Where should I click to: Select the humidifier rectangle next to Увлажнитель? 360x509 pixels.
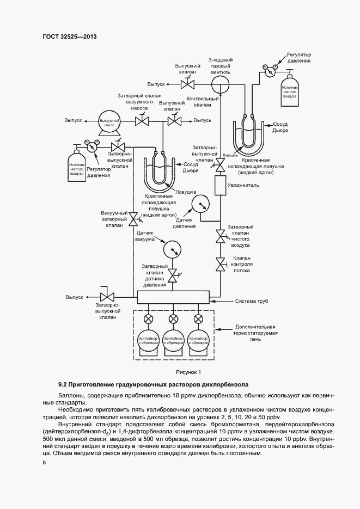pos(221,186)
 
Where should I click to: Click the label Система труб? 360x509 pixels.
pos(251,301)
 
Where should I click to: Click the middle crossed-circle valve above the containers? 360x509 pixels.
pos(173,319)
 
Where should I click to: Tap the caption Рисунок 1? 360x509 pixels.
pos(188,372)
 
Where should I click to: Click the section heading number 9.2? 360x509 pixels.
pos(64,384)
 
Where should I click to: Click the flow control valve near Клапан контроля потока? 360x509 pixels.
pos(221,265)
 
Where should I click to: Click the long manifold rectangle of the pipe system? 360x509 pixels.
pos(173,297)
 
